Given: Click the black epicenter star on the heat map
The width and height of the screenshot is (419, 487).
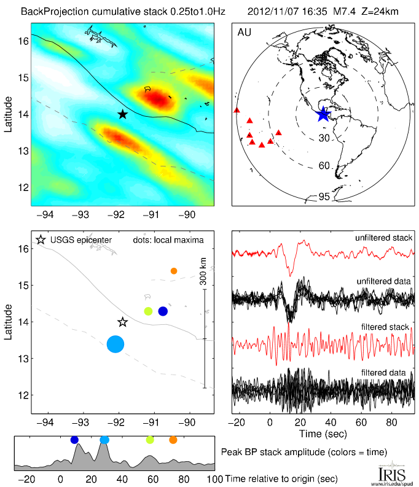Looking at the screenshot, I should tap(122, 114).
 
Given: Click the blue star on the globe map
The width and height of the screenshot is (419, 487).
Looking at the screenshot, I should tap(323, 114).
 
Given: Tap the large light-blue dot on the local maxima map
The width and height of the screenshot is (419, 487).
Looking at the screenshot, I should tap(116, 344).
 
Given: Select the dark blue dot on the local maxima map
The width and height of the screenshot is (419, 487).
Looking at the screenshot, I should tap(163, 311).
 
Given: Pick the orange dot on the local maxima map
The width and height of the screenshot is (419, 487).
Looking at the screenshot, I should tap(174, 271).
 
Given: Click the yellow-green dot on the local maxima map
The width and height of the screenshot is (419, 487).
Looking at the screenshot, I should tap(148, 311).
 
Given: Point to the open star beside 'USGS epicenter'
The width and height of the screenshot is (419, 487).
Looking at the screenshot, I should tap(41, 240).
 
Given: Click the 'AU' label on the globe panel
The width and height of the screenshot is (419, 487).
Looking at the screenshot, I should tap(243, 31).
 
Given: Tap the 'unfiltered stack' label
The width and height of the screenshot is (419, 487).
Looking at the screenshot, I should tap(383, 238).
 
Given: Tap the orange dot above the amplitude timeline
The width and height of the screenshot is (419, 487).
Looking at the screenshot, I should tap(173, 440).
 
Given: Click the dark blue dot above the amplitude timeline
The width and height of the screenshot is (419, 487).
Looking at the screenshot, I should tap(74, 440).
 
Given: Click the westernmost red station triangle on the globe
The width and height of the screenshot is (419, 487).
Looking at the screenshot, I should tap(237, 111).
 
